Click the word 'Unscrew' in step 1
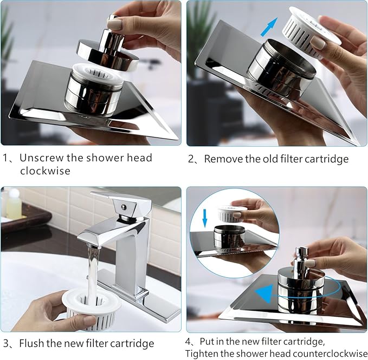[x=42, y=158]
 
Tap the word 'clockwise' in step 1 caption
[x=45, y=171]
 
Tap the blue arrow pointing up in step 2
[x=269, y=27]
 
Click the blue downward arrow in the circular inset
[x=205, y=218]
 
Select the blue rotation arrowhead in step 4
[x=264, y=293]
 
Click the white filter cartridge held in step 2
[x=312, y=31]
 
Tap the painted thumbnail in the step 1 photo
[x=114, y=24]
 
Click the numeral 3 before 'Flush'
[x=6, y=344]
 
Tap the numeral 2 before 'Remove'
[x=191, y=159]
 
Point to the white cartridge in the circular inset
[x=231, y=214]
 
